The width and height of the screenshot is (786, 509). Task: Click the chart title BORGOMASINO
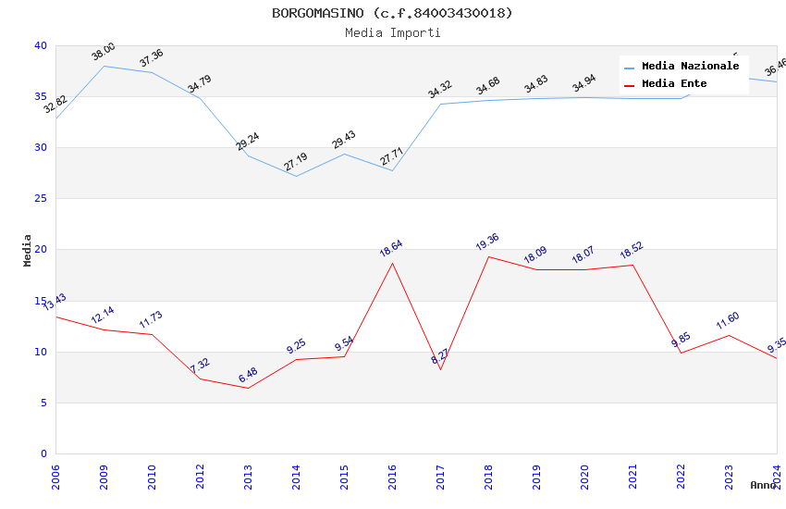tap(392, 13)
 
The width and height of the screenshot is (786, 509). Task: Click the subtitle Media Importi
tap(392, 32)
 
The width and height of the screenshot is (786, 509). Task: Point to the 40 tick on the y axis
tap(40, 45)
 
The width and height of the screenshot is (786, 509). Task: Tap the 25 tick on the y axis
tap(40, 199)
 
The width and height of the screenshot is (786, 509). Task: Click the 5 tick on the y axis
tap(43, 403)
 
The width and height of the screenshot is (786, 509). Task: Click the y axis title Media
tap(28, 250)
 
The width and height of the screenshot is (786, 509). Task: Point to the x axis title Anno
tap(763, 485)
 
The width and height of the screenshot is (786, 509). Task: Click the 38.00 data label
tap(104, 52)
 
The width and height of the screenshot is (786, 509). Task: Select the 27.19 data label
tap(296, 162)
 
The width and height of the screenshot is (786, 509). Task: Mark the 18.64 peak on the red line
tap(392, 263)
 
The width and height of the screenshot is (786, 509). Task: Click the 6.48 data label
tap(248, 375)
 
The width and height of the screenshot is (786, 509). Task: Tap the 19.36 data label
tap(488, 243)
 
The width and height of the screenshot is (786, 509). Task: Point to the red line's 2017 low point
tap(440, 369)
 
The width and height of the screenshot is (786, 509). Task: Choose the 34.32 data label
tap(440, 90)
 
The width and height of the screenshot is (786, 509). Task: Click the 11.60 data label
tap(729, 321)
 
